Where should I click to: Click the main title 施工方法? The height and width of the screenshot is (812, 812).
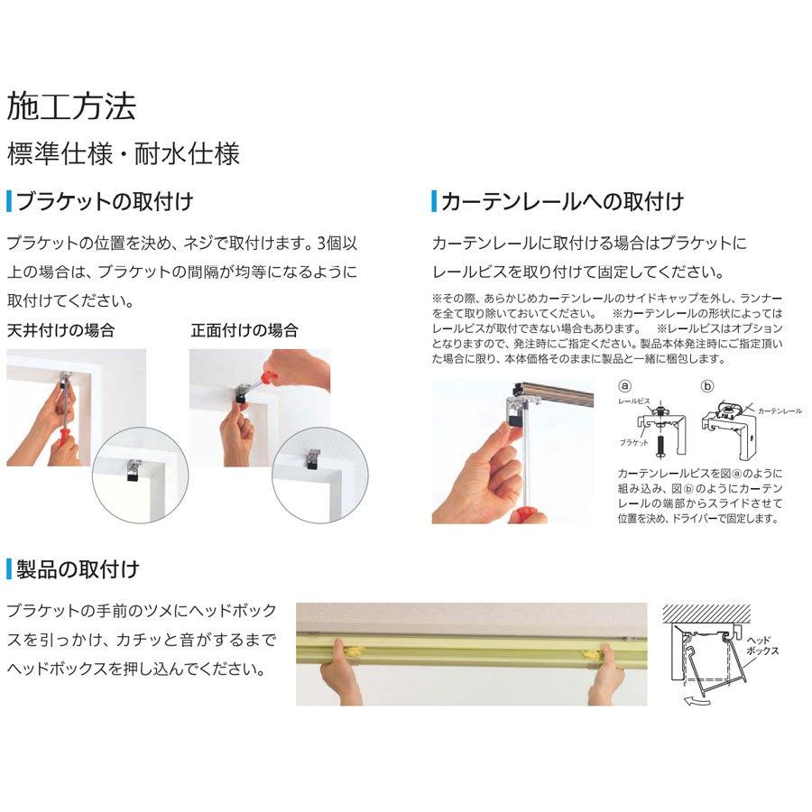tap(71, 106)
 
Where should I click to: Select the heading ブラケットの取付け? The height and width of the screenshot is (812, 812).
tap(105, 200)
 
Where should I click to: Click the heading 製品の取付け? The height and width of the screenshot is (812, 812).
tap(78, 568)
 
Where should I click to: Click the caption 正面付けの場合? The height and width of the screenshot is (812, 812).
tap(245, 330)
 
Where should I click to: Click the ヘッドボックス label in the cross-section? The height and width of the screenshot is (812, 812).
tap(763, 643)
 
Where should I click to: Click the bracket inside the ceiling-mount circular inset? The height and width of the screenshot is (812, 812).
tap(132, 466)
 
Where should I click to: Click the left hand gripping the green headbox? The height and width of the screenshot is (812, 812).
tap(337, 669)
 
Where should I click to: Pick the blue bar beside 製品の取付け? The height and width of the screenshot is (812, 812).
tap(9, 568)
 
